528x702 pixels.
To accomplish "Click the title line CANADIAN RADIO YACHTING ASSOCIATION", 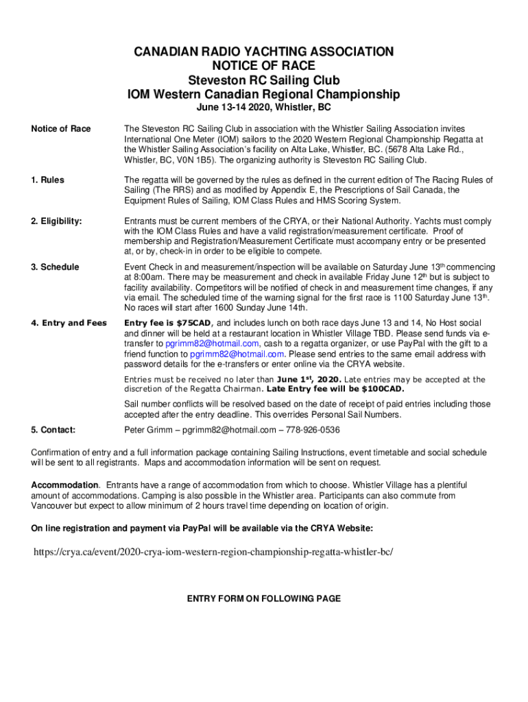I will (x=263, y=52).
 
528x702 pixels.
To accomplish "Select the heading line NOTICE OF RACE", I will (x=263, y=66).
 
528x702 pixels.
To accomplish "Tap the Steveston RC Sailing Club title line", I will (x=263, y=80).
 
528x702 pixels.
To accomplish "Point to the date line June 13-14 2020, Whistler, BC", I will (x=263, y=108).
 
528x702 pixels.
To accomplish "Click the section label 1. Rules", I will (x=47, y=180).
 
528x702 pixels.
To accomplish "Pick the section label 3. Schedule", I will (x=55, y=267).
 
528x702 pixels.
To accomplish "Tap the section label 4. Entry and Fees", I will (x=69, y=323).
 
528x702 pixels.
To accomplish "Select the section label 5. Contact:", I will (x=53, y=430).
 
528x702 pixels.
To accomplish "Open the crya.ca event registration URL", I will (x=213, y=552).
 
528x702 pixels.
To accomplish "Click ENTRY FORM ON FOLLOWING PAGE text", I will (x=264, y=598).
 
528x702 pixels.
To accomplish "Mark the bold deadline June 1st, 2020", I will (x=308, y=380).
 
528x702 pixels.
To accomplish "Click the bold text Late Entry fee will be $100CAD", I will (x=331, y=389).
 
